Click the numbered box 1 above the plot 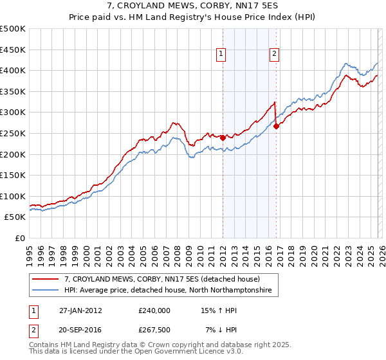click(221, 55)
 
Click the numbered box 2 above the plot click(274, 55)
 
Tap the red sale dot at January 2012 click(223, 137)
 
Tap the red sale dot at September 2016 click(276, 126)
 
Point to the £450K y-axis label click(12, 50)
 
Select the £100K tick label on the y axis click(12, 196)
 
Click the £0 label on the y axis click(19, 238)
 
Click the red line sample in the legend click(46, 280)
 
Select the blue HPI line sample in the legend click(46, 291)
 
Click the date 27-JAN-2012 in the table click(80, 310)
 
